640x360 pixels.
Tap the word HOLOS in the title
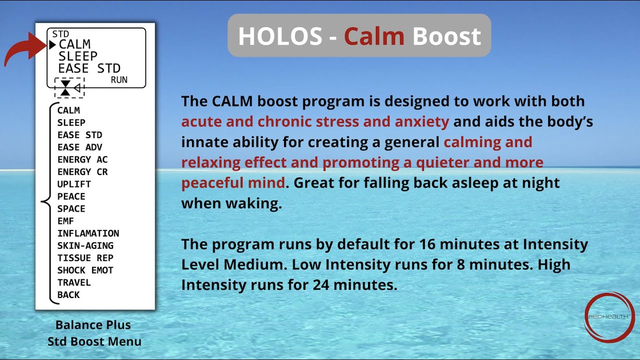pyautogui.click(x=279, y=36)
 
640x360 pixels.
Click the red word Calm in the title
pyautogui.click(x=374, y=36)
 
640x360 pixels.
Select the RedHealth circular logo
pyautogui.click(x=609, y=317)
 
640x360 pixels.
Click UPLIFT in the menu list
pyautogui.click(x=74, y=184)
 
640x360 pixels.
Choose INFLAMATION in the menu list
pyautogui.click(x=88, y=233)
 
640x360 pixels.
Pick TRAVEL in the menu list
pyautogui.click(x=74, y=282)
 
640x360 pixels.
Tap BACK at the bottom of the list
pyautogui.click(x=68, y=295)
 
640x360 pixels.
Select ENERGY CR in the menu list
pyautogui.click(x=82, y=172)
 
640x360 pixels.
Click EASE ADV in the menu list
pyautogui.click(x=79, y=147)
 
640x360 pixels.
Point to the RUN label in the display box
pyautogui.click(x=119, y=80)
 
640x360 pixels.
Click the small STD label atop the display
pyautogui.click(x=60, y=34)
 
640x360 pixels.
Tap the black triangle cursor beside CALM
pyautogui.click(x=52, y=45)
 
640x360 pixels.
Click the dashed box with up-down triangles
pyautogui.click(x=69, y=87)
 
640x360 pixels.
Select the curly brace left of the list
pyautogui.click(x=46, y=202)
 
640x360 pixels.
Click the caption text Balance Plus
pyautogui.click(x=93, y=325)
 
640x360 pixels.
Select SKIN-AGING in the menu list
pyautogui.click(x=85, y=245)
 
